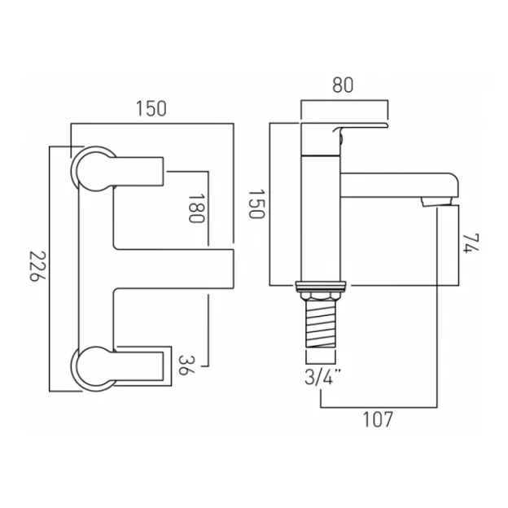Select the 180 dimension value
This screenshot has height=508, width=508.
click(x=194, y=210)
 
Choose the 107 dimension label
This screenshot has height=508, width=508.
click(x=378, y=421)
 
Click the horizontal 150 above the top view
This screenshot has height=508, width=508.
click(x=151, y=108)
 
